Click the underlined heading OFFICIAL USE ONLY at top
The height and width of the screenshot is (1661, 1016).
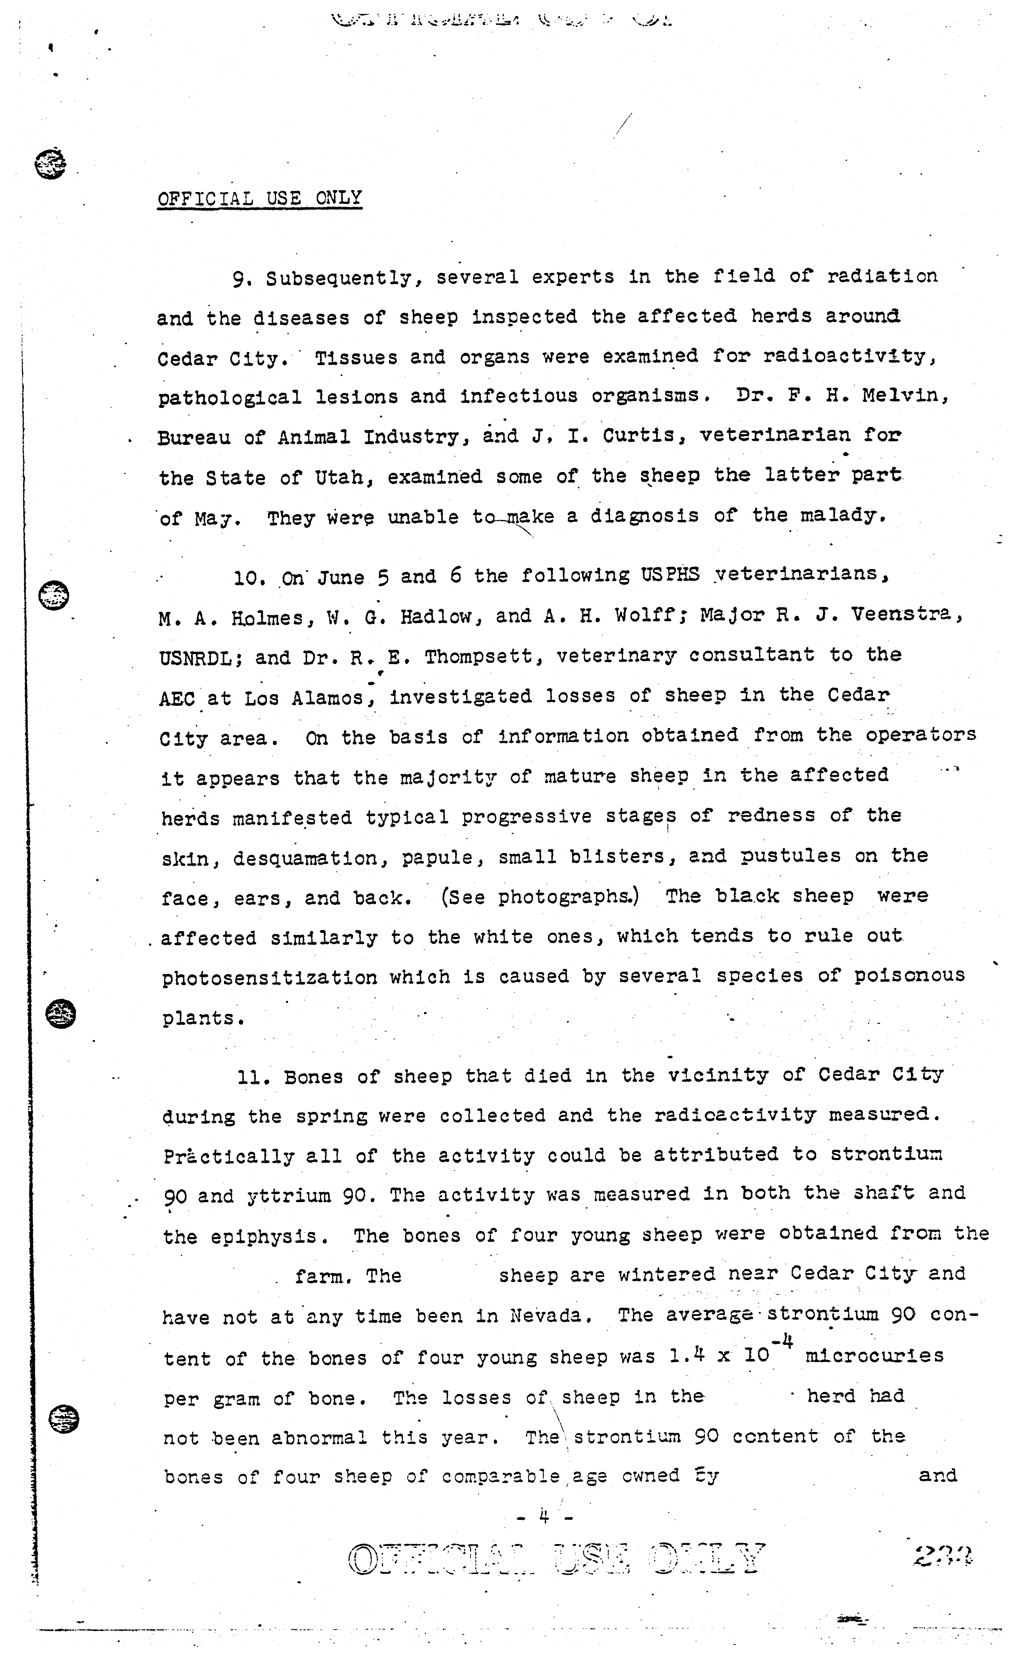[x=260, y=198]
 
